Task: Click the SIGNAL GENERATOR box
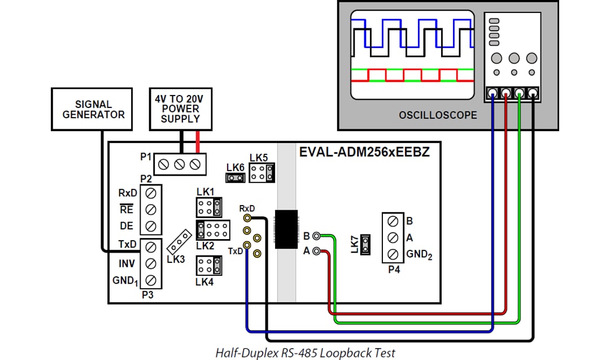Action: pyautogui.click(x=93, y=110)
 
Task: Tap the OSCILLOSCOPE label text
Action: pyautogui.click(x=438, y=115)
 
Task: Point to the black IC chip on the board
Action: pyautogui.click(x=287, y=229)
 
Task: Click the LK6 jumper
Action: pyautogui.click(x=236, y=178)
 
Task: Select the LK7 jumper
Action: pyautogui.click(x=365, y=244)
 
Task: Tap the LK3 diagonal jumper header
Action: pyautogui.click(x=180, y=241)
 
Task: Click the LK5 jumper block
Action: pyautogui.click(x=262, y=173)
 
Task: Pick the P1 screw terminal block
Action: pyautogui.click(x=180, y=164)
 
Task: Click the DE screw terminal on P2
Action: pyautogui.click(x=151, y=226)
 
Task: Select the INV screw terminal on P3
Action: pyautogui.click(x=151, y=263)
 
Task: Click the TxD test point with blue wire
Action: pyautogui.click(x=247, y=245)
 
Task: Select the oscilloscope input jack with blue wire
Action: pyautogui.click(x=493, y=94)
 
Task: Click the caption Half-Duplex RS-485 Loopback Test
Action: pyautogui.click(x=305, y=353)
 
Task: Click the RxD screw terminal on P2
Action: pyautogui.click(x=151, y=193)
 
